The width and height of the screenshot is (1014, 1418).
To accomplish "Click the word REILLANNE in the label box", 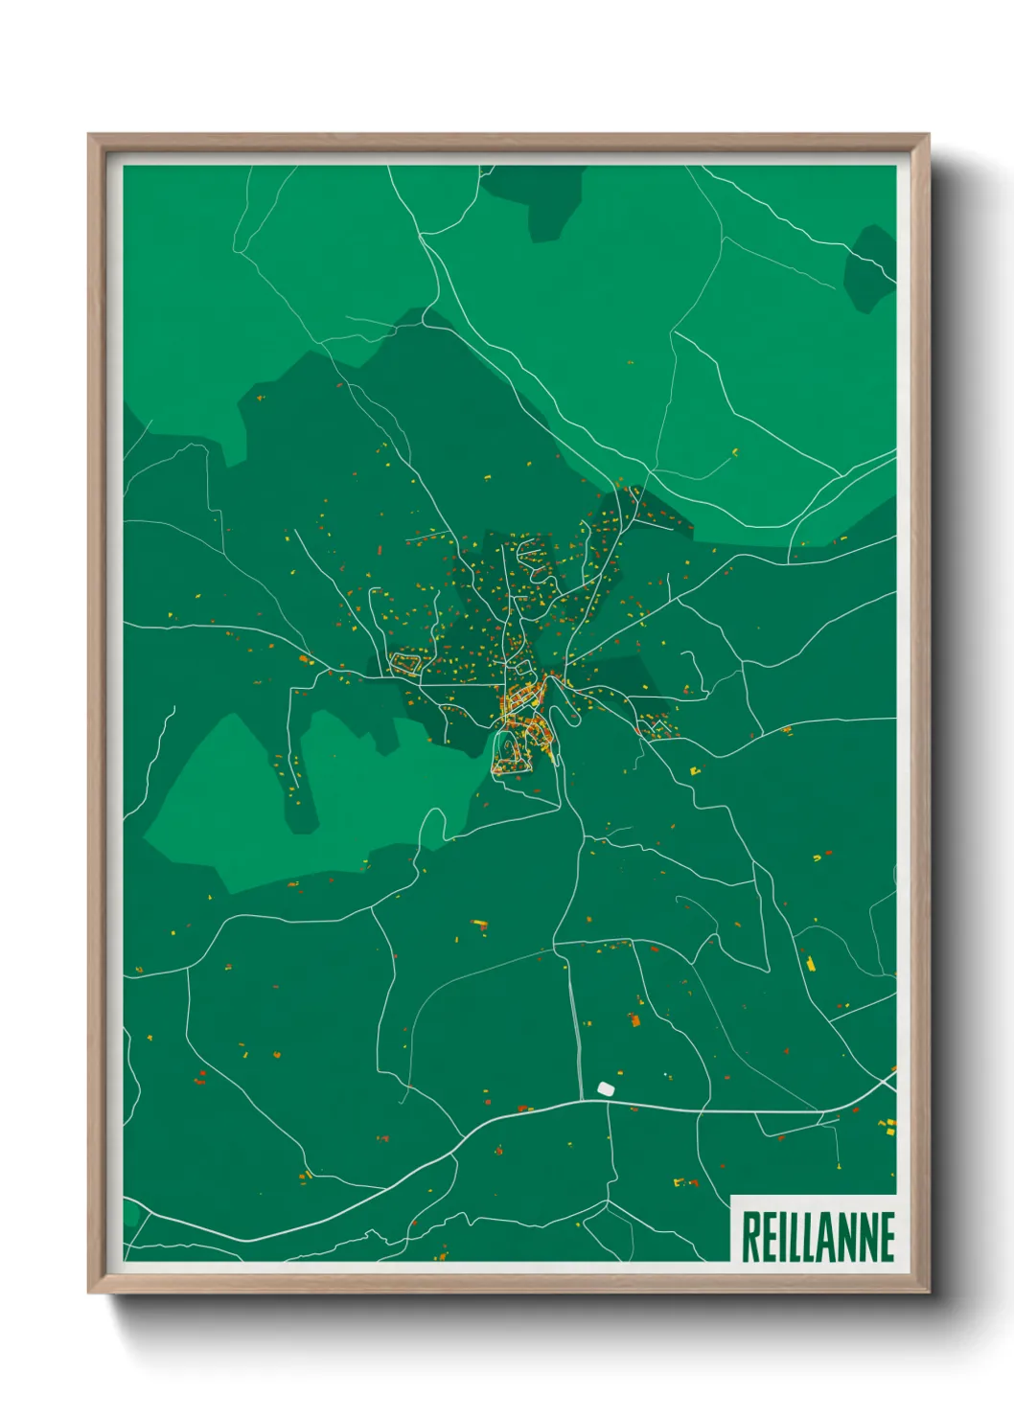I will point(818,1236).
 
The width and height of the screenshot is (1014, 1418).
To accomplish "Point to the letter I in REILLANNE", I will point(784,1236).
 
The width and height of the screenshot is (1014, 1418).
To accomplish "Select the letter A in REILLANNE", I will point(827,1236).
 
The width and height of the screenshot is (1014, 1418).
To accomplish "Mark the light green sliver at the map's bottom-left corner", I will point(130,1215).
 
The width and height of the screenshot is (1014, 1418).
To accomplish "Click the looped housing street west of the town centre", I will point(406,662).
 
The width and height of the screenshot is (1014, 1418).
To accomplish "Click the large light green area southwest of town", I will point(240,805).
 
